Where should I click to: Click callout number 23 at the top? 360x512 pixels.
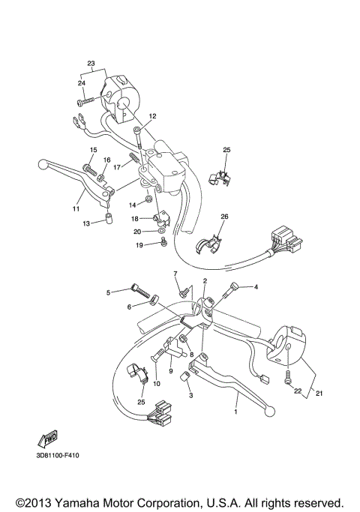pos(91,63)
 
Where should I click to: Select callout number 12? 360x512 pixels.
pos(151,116)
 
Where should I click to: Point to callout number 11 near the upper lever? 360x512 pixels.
pos(76,208)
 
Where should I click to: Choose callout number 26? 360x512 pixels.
pos(223,217)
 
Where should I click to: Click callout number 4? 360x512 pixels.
pos(255,287)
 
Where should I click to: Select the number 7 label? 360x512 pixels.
pos(175,274)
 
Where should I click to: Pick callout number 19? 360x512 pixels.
pos(139,245)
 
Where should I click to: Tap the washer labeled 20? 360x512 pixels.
pos(163,243)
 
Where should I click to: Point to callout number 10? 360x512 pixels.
pos(157,384)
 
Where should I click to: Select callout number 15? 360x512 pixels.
pos(94,151)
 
